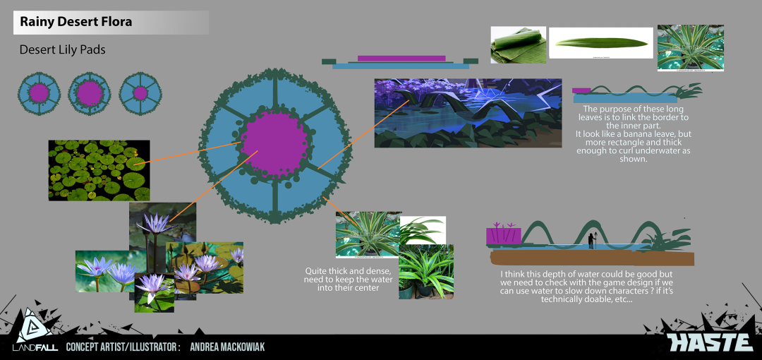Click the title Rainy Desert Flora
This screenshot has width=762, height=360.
(x=75, y=22)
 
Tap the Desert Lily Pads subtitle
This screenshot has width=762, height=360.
(x=62, y=49)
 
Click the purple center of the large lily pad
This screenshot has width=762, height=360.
(x=274, y=144)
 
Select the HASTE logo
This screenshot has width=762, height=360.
(x=710, y=342)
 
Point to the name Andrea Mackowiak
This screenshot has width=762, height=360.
(x=227, y=347)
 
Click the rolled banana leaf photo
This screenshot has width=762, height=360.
(x=518, y=44)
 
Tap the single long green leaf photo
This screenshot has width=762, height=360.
(x=600, y=43)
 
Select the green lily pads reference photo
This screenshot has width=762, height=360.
(x=99, y=170)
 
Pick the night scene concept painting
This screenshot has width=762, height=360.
(x=468, y=113)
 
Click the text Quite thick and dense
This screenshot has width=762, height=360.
(x=347, y=270)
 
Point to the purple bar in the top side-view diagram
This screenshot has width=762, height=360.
(x=401, y=59)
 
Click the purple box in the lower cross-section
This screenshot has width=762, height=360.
(x=504, y=236)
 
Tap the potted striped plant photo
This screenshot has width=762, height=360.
(x=426, y=272)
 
